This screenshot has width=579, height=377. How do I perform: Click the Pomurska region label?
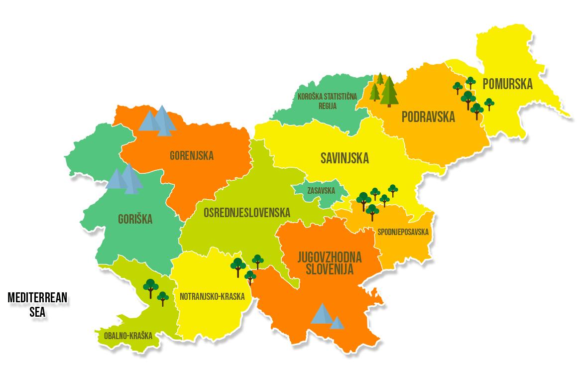[x=507, y=84]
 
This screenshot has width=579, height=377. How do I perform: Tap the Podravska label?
[x=428, y=117]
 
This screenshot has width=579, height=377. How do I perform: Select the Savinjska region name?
[x=345, y=158]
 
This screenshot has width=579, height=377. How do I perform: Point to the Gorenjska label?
[x=192, y=156]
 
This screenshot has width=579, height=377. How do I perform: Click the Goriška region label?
[x=135, y=219]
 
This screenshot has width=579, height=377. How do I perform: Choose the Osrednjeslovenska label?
[x=246, y=213]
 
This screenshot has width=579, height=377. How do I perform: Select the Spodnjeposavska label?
[x=403, y=232]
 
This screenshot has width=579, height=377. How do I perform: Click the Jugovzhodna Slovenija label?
[x=330, y=263]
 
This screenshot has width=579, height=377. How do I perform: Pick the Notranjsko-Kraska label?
[x=212, y=296]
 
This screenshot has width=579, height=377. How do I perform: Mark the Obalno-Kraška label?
[x=128, y=336]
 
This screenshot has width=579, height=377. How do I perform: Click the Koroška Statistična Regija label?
[x=327, y=101]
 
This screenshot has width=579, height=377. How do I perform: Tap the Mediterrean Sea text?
[x=38, y=305]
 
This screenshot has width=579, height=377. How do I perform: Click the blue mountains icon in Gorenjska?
[x=158, y=121]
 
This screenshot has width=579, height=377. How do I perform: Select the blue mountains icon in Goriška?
[x=125, y=179]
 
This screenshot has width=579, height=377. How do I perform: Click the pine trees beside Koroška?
[x=384, y=90]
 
